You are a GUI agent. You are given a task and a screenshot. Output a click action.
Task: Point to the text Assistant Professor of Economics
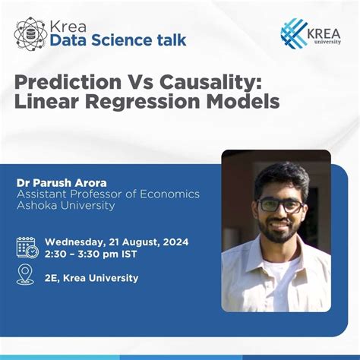click(x=108, y=194)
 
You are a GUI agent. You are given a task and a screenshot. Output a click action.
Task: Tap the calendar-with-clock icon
click(x=27, y=247)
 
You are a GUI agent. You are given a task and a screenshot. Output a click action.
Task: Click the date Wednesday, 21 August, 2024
click(x=116, y=242)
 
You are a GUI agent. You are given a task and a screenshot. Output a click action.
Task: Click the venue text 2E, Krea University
click(x=92, y=278)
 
